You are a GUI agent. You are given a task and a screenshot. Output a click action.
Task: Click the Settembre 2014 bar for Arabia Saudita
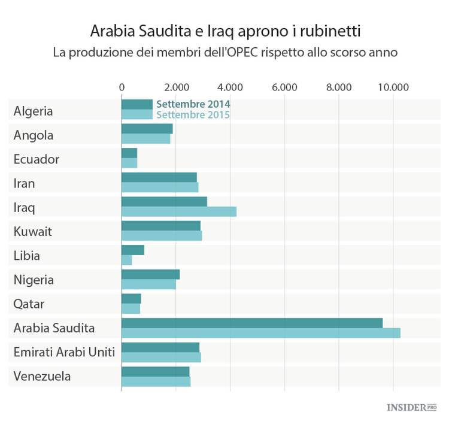[251, 323]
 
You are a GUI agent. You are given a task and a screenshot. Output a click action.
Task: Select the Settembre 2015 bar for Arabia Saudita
[260, 333]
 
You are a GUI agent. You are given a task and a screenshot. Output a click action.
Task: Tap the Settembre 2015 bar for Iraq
[178, 211]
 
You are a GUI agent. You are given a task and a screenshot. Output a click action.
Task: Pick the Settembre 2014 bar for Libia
[132, 250]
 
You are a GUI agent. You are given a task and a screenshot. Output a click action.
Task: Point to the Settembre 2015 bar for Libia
[126, 261]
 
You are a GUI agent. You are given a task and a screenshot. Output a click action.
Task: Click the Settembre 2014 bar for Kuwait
[160, 226]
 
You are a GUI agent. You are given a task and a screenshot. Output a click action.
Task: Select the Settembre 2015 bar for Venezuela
[156, 381]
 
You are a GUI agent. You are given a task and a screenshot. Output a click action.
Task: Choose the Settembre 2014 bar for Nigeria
[150, 274]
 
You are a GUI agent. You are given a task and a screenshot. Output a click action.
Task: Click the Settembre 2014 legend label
[193, 104]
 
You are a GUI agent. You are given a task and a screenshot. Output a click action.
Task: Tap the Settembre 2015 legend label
[193, 114]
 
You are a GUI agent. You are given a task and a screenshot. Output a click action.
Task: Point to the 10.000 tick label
[393, 87]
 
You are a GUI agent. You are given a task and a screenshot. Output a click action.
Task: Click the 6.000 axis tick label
[284, 87]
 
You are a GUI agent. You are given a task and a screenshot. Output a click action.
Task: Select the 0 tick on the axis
[122, 87]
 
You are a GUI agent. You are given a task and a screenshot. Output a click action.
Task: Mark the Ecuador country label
[37, 159]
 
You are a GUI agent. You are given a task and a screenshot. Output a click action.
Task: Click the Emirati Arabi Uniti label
[64, 352]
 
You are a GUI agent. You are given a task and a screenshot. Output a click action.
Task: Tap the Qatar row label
[29, 304]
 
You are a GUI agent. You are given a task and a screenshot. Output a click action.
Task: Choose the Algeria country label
[33, 111]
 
